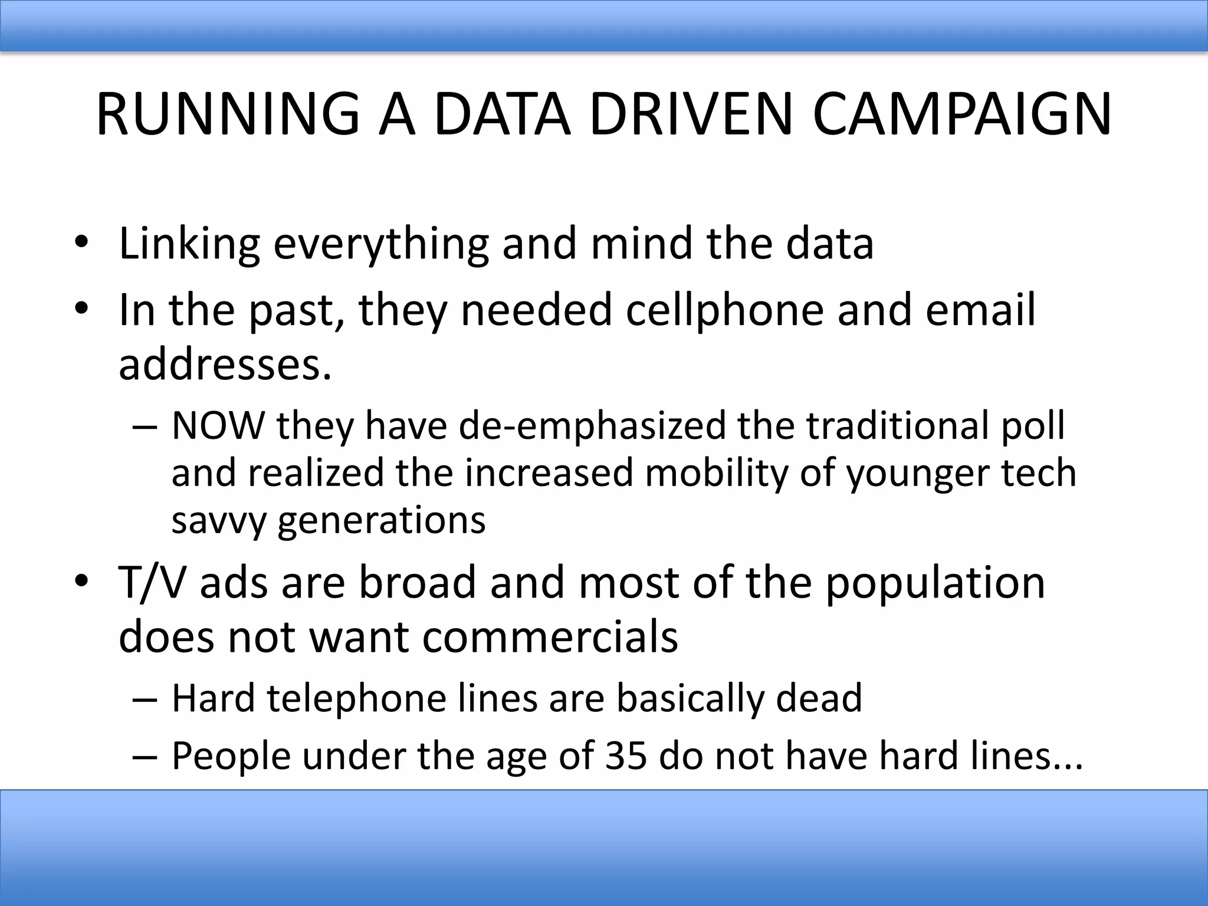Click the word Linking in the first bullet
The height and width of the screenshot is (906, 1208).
(x=189, y=244)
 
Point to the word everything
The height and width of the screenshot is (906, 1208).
(x=380, y=244)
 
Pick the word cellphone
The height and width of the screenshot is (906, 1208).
(x=724, y=310)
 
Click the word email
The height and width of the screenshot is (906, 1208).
(x=980, y=310)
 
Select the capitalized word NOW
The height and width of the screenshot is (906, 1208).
(x=218, y=425)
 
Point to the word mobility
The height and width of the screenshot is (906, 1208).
(x=715, y=473)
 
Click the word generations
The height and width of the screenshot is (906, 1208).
(x=382, y=521)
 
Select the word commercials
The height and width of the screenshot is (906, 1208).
(x=550, y=637)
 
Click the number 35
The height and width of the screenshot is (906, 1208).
(x=628, y=756)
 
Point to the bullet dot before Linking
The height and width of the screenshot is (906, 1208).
(x=81, y=244)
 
